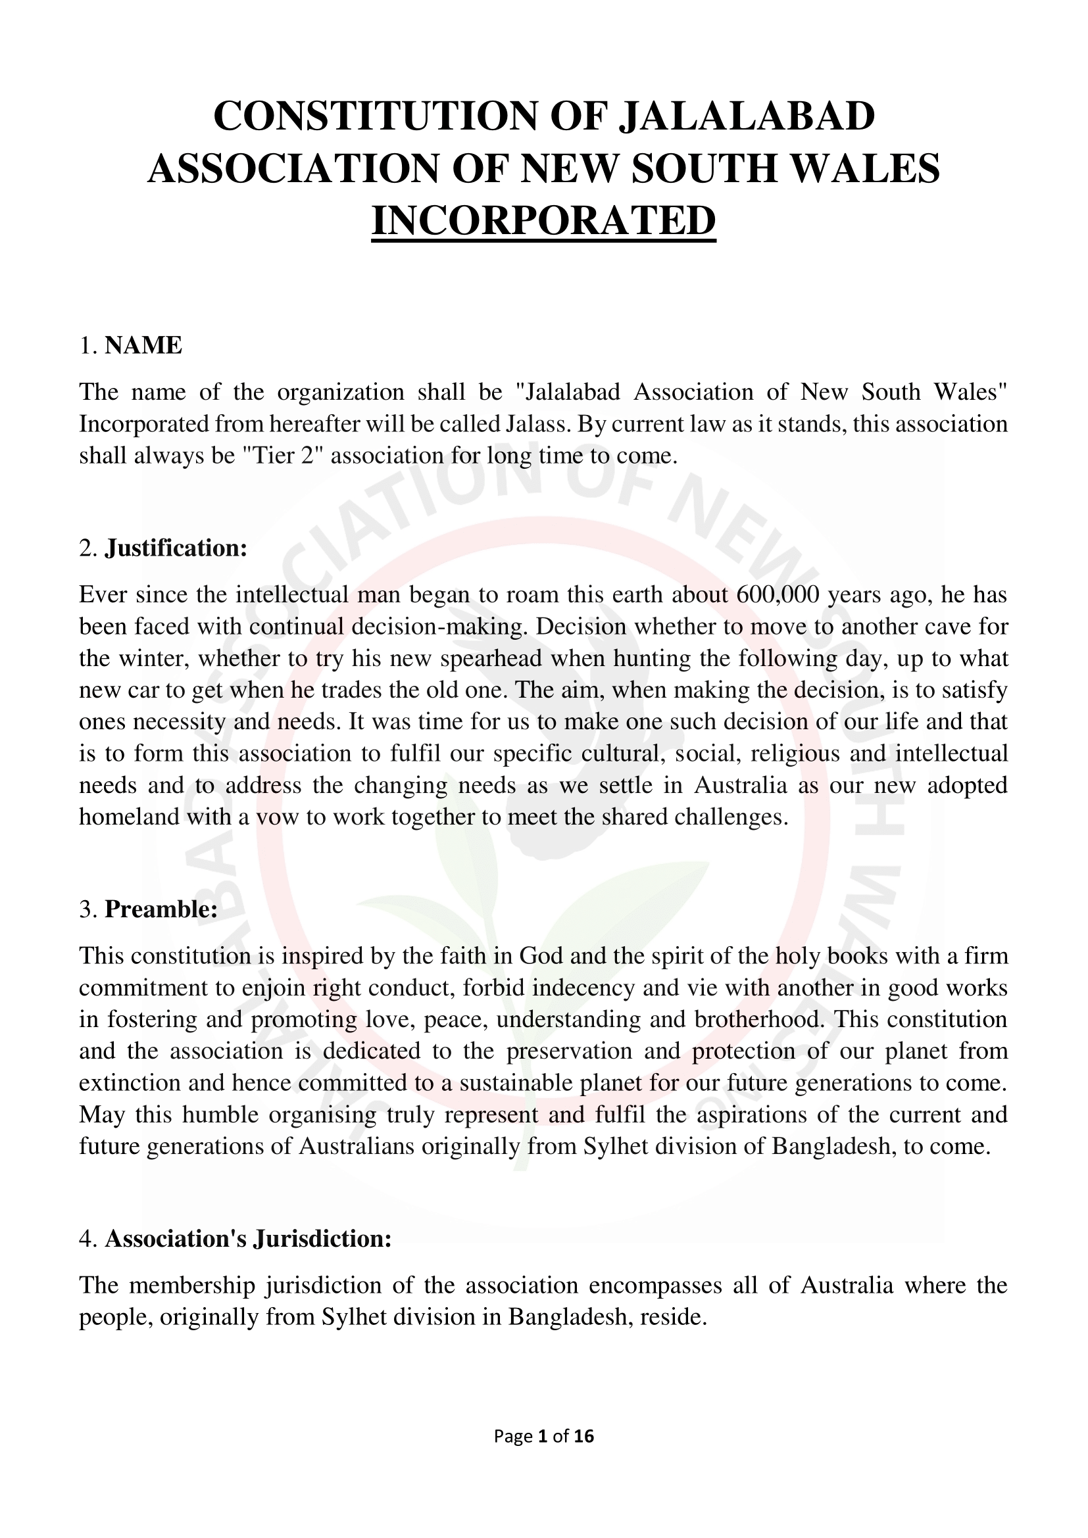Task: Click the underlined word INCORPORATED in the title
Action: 543,220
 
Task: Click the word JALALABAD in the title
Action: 747,116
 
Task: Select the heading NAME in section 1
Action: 143,346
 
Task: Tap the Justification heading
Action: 176,548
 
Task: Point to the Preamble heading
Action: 161,909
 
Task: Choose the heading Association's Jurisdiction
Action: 248,1239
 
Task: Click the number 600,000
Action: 777,594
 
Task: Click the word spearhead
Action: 491,658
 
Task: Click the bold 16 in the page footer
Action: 584,1435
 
